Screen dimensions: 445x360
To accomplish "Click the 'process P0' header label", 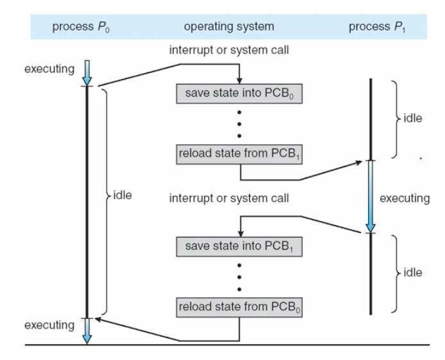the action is tap(81, 27).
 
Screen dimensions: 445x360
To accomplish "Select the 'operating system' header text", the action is tap(229, 27).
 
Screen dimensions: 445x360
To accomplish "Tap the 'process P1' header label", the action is tap(377, 27).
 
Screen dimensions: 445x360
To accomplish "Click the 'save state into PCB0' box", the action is tap(239, 94).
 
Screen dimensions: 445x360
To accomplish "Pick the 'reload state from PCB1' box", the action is tap(239, 154).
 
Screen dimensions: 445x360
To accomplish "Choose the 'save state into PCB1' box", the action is tap(239, 247).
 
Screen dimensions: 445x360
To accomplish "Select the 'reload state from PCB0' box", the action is tap(239, 307).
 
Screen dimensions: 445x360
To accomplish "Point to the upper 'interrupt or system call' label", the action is tap(229, 50).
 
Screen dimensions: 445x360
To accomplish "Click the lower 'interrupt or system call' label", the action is tap(229, 198).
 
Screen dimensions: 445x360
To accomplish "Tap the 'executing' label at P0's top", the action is tap(49, 69).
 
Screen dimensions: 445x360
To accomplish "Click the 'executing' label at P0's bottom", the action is tap(49, 325).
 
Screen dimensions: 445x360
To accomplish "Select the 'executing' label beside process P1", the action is tap(405, 199).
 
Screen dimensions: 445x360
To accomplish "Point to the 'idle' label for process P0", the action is tap(122, 195).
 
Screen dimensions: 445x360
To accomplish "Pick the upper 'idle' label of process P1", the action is tap(413, 119).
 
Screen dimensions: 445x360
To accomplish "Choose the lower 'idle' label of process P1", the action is tap(413, 273).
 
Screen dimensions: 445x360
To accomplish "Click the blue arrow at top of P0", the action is tap(87, 73).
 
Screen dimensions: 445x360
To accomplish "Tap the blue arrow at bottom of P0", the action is tap(87, 331).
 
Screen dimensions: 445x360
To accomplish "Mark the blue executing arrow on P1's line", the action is tap(371, 197).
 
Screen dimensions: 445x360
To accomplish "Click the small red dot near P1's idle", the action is tap(421, 158).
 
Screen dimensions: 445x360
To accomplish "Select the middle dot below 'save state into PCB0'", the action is tap(239, 124).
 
